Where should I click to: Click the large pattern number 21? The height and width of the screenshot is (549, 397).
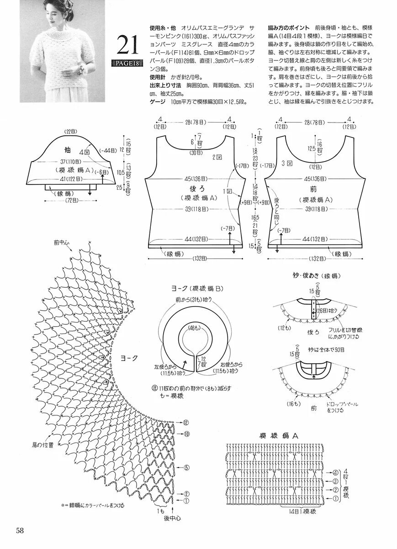(128, 44)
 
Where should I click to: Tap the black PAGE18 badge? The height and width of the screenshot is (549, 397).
(127, 63)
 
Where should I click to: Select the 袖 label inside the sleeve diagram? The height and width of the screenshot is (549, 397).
(67, 150)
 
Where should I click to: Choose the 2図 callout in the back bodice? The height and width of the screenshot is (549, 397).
(217, 157)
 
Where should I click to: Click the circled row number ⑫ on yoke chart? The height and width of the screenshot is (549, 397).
(186, 421)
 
